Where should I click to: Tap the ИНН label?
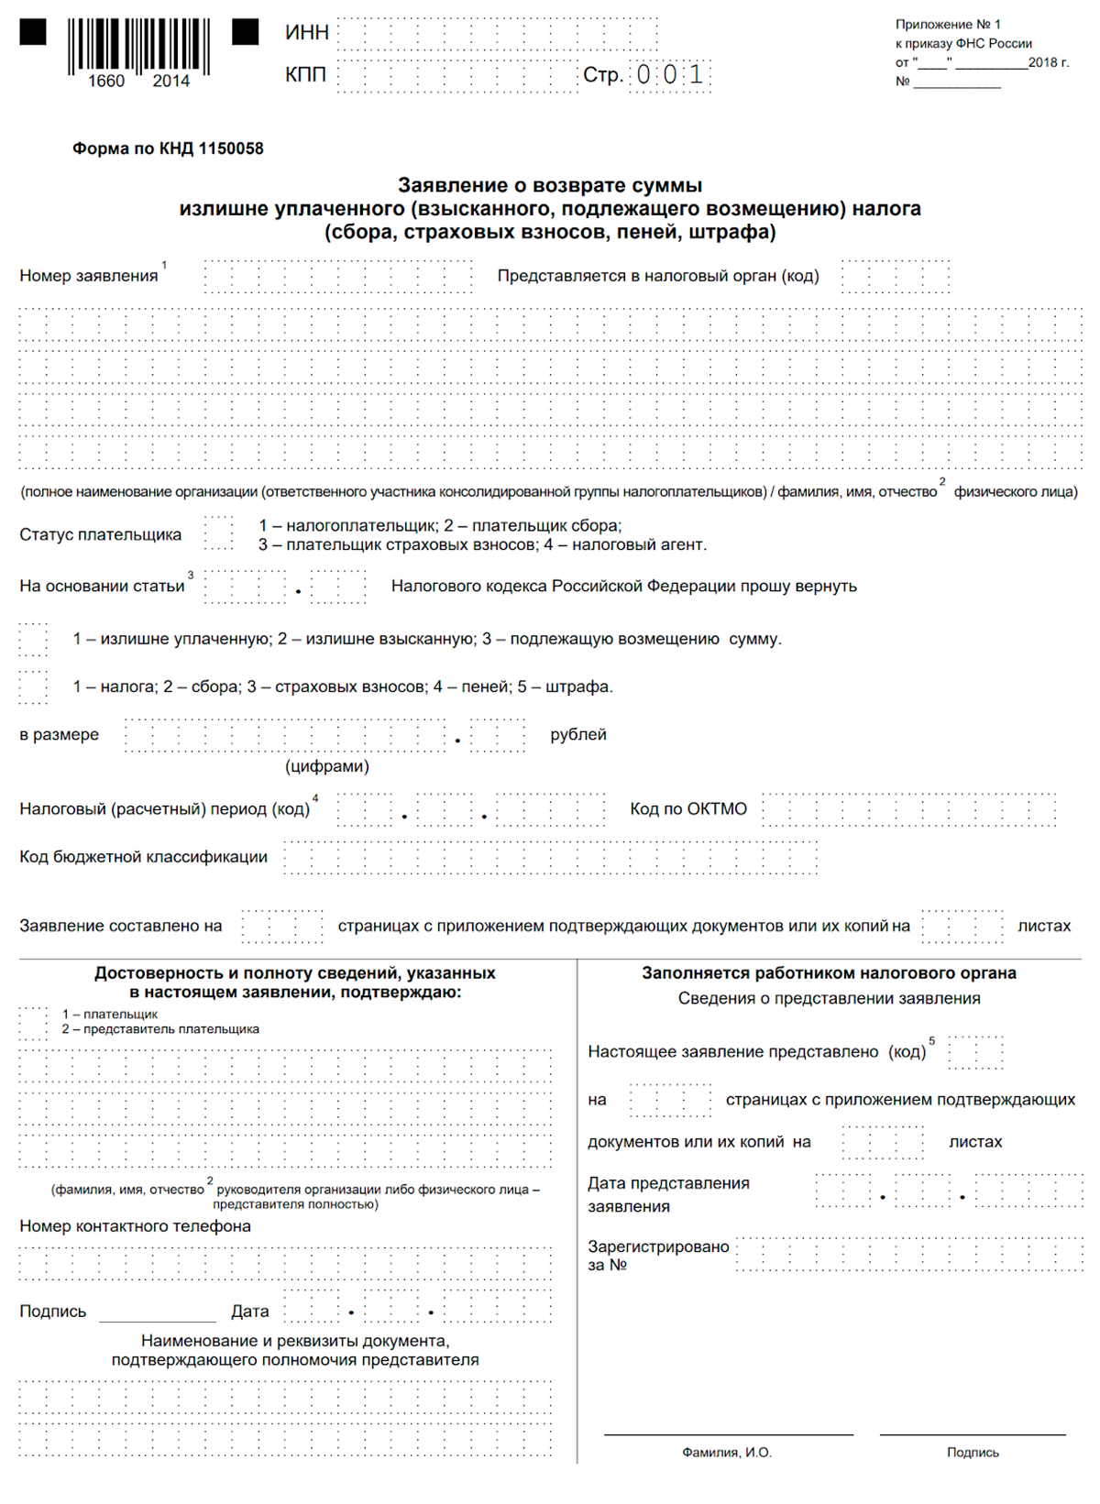tap(307, 33)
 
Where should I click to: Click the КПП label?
tap(305, 74)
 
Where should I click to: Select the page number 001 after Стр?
tap(669, 74)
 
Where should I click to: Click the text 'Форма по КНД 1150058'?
tap(168, 148)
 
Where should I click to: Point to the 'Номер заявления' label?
tap(89, 276)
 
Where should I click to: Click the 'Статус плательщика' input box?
tap(218, 533)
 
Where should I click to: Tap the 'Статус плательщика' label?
tap(101, 535)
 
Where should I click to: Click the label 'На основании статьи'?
tap(102, 587)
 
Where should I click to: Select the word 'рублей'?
tap(577, 735)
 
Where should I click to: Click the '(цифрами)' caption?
tap(327, 766)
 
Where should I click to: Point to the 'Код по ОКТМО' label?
tap(687, 809)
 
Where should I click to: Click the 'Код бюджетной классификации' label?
tap(144, 857)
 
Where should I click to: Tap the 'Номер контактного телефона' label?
tap(135, 1226)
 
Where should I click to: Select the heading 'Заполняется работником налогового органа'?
tap(829, 973)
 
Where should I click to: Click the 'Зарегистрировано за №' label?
tap(657, 1256)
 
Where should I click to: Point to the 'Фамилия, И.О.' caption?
tap(727, 1453)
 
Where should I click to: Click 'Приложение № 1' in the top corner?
tap(948, 25)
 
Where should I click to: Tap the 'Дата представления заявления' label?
tap(668, 1195)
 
